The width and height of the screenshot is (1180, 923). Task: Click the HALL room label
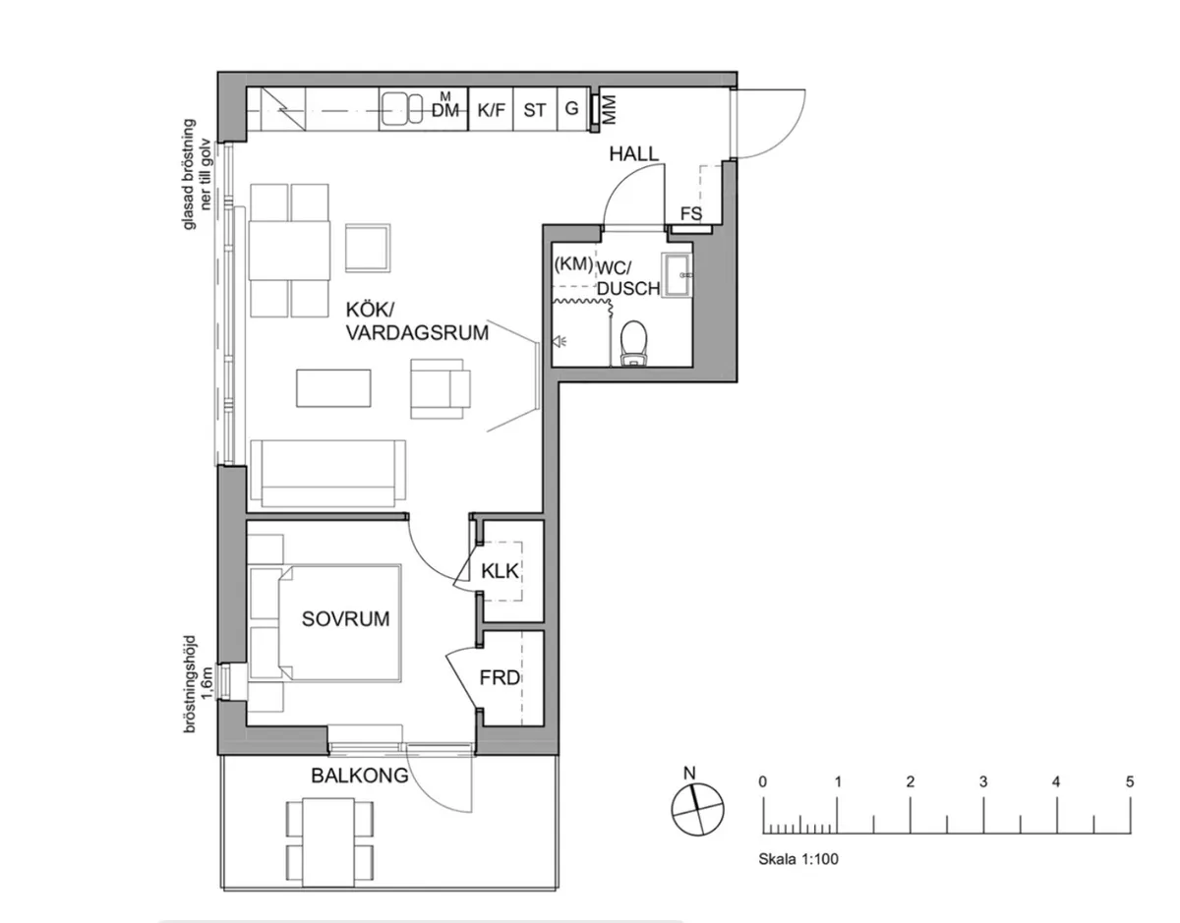633,153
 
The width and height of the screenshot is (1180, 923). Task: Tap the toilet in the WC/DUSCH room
634,342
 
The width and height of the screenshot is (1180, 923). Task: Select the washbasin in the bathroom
678,273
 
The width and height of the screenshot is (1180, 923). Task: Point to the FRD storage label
500,678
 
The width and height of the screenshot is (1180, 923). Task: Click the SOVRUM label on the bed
345,619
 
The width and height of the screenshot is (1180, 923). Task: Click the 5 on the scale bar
1130,782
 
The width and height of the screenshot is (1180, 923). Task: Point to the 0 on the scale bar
763,782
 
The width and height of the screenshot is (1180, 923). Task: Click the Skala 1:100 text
798,858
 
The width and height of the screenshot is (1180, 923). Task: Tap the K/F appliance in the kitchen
491,110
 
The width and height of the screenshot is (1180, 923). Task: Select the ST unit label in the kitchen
534,110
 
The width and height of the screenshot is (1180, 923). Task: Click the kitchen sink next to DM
401,110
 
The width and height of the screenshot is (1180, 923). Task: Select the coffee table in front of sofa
334,387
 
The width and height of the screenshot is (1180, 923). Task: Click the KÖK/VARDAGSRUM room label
417,322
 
